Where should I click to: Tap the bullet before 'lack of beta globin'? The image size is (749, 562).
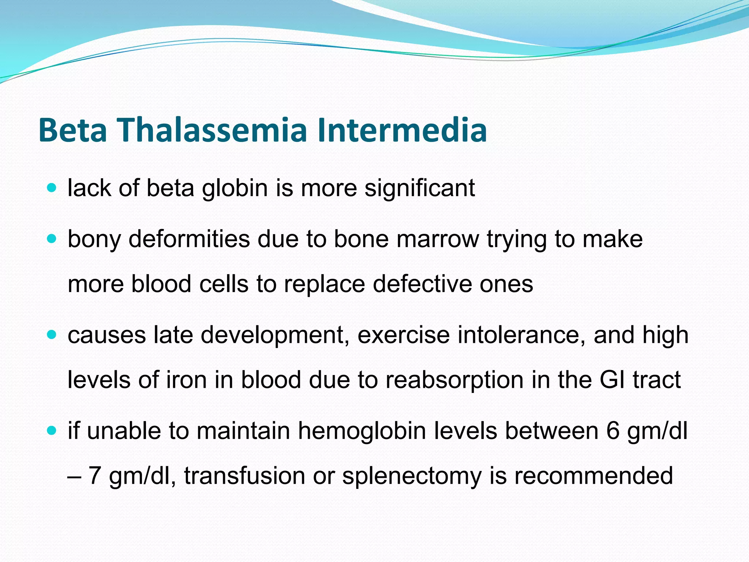pyautogui.click(x=52, y=188)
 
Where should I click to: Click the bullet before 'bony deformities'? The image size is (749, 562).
pyautogui.click(x=52, y=239)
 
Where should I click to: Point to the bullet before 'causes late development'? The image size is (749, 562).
pyautogui.click(x=52, y=334)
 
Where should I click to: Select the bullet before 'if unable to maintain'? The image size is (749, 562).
pyautogui.click(x=52, y=430)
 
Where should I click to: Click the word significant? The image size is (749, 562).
pyautogui.click(x=419, y=189)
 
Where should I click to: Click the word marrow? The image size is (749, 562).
pyautogui.click(x=437, y=240)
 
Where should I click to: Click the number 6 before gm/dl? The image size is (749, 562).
pyautogui.click(x=613, y=431)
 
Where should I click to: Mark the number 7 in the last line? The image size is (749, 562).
pyautogui.click(x=95, y=476)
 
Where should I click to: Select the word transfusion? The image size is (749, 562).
pyautogui.click(x=245, y=476)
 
